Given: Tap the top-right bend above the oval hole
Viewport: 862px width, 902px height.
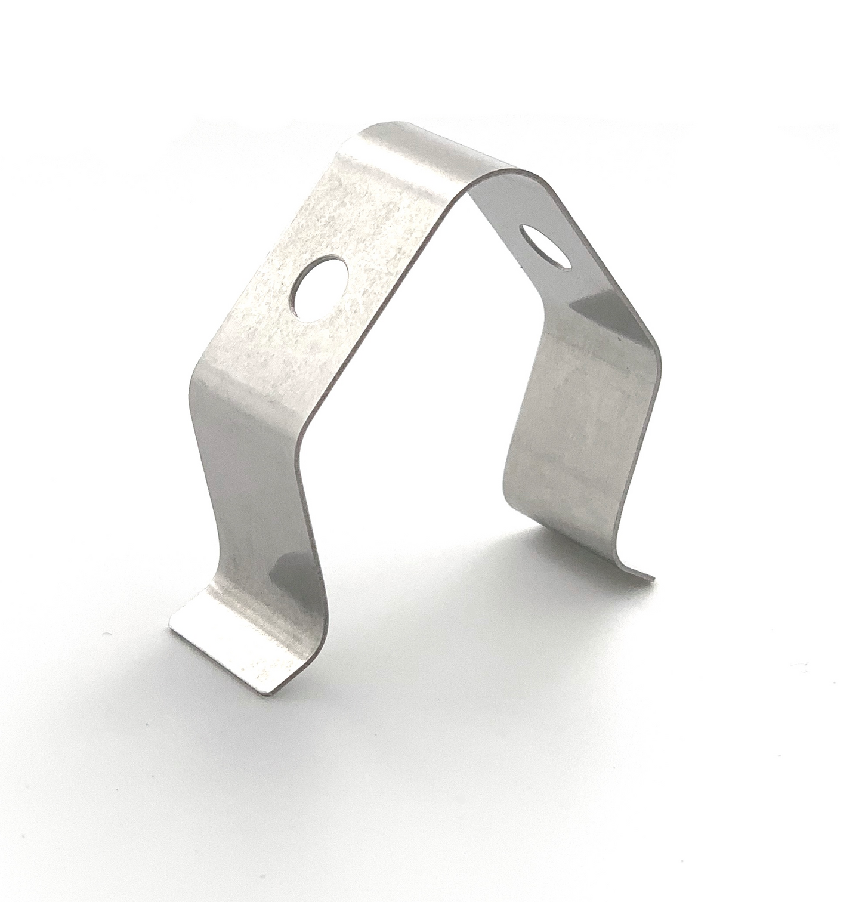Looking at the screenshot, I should click(x=513, y=185).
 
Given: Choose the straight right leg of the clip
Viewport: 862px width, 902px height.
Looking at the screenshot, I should click(x=573, y=453).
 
